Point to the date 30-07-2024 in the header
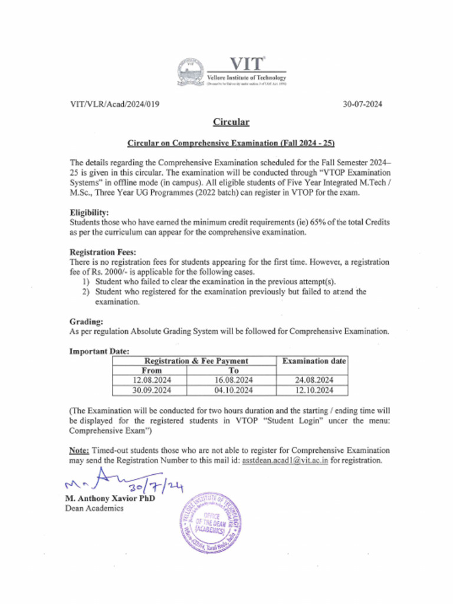(x=363, y=104)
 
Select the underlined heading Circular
(x=231, y=122)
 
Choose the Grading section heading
(x=86, y=321)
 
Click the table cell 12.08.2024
(x=150, y=380)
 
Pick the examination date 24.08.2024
(x=313, y=380)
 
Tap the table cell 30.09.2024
(x=150, y=390)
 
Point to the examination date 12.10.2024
(x=313, y=390)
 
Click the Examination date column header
(x=313, y=360)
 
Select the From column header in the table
(x=150, y=370)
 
